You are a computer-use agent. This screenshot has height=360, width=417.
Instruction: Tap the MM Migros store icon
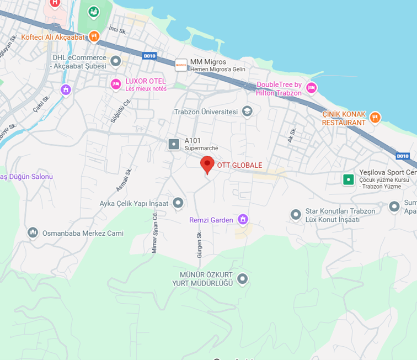180,65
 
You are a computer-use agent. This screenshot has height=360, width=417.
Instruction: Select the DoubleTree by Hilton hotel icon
312,88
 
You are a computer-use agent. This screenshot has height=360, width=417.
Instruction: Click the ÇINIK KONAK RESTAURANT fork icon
375,117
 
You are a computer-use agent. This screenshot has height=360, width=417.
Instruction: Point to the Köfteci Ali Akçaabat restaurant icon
94,37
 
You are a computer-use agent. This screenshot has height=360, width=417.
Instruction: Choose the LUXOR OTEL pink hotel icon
116,84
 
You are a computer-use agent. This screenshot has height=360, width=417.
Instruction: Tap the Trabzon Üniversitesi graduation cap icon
247,112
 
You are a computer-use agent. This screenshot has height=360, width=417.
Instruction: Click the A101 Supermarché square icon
174,145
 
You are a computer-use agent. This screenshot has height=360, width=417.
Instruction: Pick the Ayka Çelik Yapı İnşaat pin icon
178,203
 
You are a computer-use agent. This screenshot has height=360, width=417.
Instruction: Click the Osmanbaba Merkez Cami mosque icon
33,233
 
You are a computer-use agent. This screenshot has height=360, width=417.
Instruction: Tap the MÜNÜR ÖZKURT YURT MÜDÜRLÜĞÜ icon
242,279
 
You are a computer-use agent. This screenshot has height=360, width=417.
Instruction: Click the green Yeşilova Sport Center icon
348,179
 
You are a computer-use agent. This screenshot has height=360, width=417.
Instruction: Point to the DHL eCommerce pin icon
116,61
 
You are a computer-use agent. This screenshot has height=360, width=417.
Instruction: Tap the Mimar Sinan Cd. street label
155,234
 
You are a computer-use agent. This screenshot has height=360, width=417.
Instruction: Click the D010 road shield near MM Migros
149,56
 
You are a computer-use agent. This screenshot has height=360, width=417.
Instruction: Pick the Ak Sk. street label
292,135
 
